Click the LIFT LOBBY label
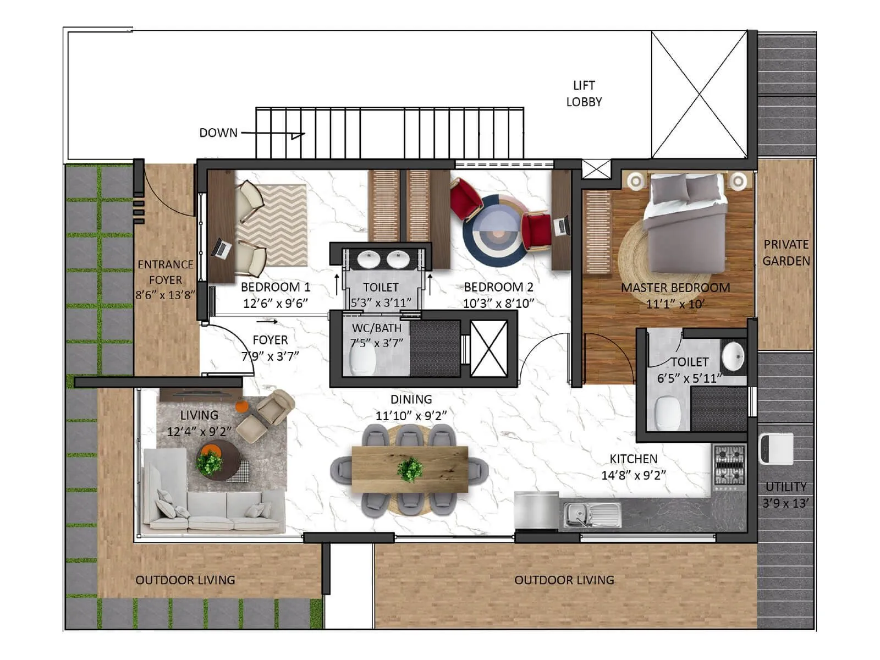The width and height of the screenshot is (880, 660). pyautogui.click(x=584, y=94)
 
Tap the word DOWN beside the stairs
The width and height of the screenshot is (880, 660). pyautogui.click(x=218, y=133)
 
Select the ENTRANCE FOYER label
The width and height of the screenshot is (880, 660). pyautogui.click(x=166, y=272)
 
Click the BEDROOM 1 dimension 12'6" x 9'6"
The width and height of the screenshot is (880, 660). pyautogui.click(x=276, y=303)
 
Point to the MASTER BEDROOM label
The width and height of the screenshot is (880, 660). pyautogui.click(x=675, y=288)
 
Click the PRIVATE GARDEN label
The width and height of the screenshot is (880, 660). pyautogui.click(x=786, y=252)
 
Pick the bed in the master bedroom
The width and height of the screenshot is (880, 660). pyautogui.click(x=685, y=223)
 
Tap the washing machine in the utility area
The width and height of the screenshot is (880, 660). pyautogui.click(x=776, y=448)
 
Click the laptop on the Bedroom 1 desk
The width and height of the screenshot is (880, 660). pyautogui.click(x=222, y=249)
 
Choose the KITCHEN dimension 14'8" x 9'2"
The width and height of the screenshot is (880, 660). pyautogui.click(x=634, y=475)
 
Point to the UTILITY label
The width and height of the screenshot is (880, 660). pyautogui.click(x=786, y=487)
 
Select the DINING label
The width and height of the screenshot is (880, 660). pyautogui.click(x=411, y=400)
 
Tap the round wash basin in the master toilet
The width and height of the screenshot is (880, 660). pyautogui.click(x=733, y=356)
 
